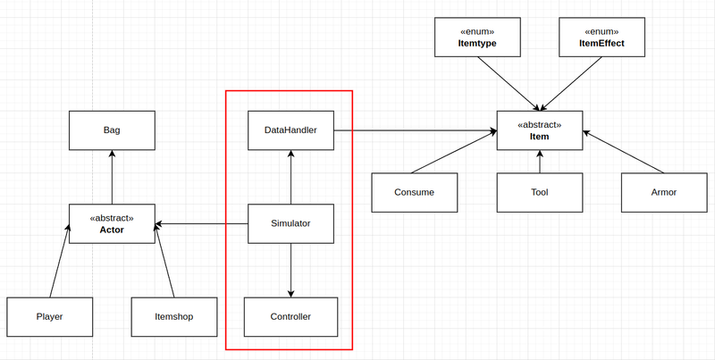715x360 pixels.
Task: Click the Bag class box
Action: pos(112,130)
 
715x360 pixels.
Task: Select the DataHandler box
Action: pos(290,130)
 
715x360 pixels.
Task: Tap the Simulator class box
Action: pos(290,223)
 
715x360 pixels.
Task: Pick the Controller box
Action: pos(290,317)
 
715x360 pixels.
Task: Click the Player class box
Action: pos(50,317)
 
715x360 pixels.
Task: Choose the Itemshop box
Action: pos(174,317)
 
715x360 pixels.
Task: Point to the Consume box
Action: pos(415,192)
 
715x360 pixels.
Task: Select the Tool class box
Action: pos(540,192)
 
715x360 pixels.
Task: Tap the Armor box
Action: pos(664,192)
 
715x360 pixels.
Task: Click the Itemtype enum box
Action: pos(477,38)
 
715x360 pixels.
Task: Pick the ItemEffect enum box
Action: pos(601,38)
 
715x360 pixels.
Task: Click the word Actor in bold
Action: pos(112,230)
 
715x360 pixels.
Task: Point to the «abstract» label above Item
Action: pos(540,125)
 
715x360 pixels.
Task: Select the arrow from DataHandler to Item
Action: pos(415,130)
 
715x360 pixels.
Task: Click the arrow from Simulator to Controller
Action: pos(291,271)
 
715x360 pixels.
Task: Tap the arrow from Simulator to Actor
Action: pos(201,223)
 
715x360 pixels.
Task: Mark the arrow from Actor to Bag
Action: pos(112,177)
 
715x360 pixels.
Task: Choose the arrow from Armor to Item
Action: pos(623,152)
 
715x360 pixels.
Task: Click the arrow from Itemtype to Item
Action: pos(509,84)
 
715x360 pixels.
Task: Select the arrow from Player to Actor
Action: pos(60,261)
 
